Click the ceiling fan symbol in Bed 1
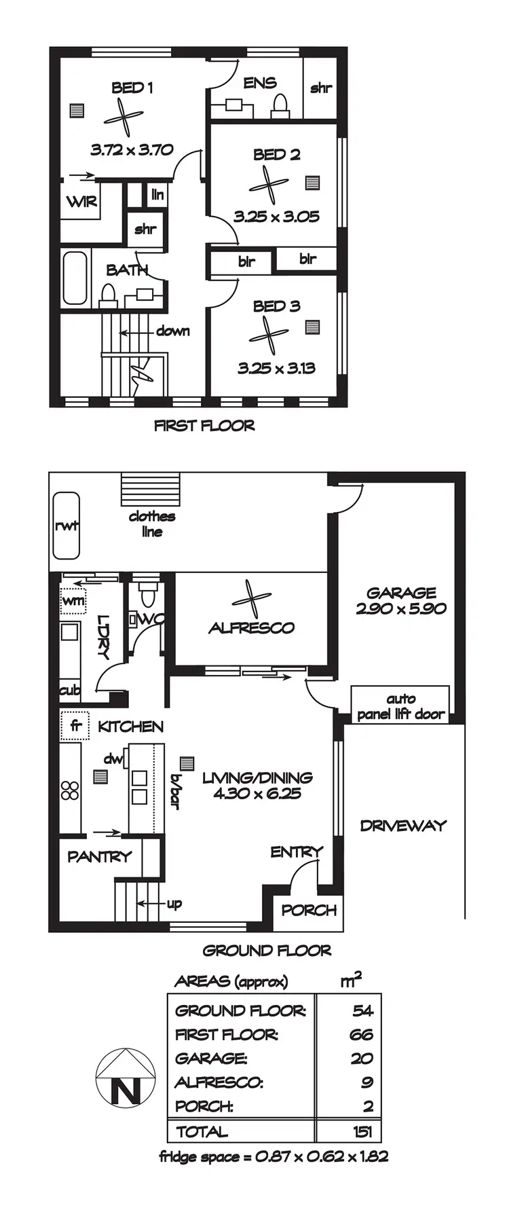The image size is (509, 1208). tap(124, 118)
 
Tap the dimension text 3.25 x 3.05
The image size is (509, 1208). tap(276, 217)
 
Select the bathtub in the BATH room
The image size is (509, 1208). tap(75, 278)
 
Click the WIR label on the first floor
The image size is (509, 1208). tap(81, 202)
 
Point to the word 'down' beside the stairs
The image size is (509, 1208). tap(172, 331)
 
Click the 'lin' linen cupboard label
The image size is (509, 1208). tap(157, 195)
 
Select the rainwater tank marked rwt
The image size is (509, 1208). tap(67, 526)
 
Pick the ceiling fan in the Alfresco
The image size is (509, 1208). tap(251, 599)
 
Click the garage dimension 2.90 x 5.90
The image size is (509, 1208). tap(401, 608)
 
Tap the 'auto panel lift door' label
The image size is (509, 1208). tap(400, 706)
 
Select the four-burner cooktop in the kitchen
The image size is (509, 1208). tap(70, 790)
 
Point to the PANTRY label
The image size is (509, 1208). tap(99, 857)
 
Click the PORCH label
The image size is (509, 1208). tap(309, 911)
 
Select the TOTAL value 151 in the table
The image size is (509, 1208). tap(362, 1131)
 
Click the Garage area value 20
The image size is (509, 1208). tap(362, 1058)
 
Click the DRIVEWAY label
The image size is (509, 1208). tap(403, 826)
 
